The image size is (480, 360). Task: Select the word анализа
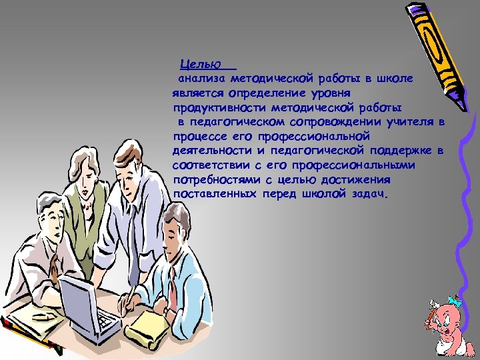pos(201,79)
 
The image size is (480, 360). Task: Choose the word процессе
pos(197,136)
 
